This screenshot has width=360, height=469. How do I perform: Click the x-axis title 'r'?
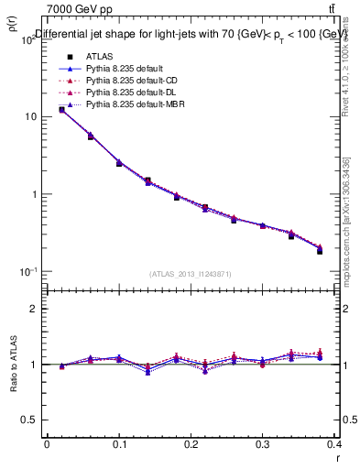[x=337, y=455]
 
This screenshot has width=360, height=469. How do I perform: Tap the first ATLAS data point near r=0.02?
[x=61, y=109]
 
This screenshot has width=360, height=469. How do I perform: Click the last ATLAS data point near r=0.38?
[x=320, y=251]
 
